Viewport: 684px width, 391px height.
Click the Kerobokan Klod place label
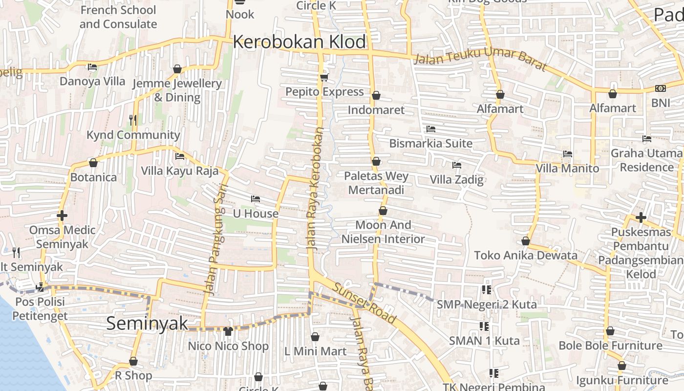[x=299, y=42]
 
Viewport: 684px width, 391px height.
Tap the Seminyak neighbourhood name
[x=147, y=323]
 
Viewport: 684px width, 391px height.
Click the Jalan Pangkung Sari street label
[x=216, y=239]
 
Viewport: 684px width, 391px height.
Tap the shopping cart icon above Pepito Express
[x=323, y=77]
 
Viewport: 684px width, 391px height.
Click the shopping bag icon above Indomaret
[x=376, y=95]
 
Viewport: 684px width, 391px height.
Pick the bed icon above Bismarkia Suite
[x=430, y=129]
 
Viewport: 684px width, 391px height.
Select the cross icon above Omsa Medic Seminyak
[x=62, y=216]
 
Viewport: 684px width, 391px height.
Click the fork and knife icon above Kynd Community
[x=133, y=120]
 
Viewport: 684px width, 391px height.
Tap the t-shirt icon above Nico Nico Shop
[x=228, y=331]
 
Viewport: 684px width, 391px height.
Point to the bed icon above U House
[x=255, y=199]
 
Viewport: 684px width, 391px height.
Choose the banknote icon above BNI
[x=661, y=88]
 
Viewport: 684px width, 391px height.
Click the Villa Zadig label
[x=456, y=179]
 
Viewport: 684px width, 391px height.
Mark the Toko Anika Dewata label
[x=525, y=255]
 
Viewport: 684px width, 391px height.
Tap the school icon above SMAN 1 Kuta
[x=484, y=326]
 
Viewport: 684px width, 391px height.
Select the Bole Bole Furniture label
[x=610, y=346]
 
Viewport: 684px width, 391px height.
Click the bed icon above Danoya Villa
[x=92, y=67]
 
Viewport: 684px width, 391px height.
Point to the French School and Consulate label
[x=118, y=17]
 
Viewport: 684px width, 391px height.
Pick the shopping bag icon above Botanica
[x=93, y=163]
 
